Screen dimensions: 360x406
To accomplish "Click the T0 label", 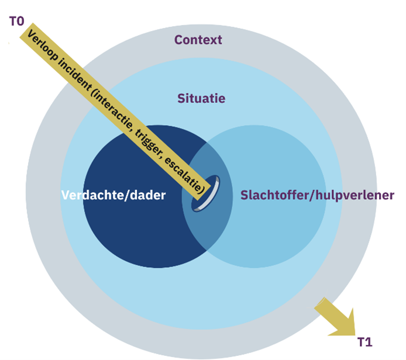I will [16, 21].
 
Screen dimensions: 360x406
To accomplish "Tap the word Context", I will [198, 40].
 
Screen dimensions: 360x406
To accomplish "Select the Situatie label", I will [201, 99].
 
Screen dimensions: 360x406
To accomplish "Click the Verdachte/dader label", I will [113, 196].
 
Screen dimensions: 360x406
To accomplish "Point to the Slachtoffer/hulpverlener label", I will [317, 195].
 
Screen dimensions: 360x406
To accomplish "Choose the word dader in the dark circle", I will [149, 196].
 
